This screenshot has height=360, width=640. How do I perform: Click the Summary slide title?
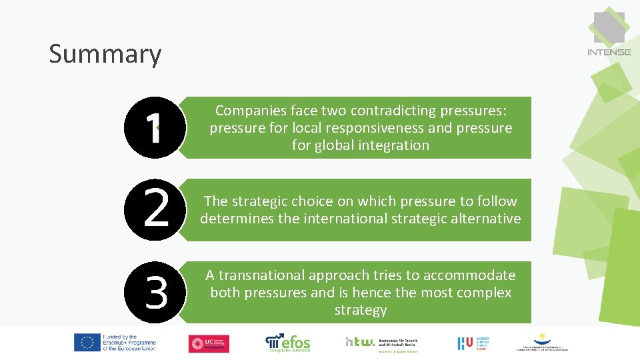[x=105, y=55]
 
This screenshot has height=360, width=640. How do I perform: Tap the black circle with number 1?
[x=155, y=127]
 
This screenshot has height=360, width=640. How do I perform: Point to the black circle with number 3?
[x=155, y=292]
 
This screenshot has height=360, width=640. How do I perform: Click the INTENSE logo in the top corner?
[x=609, y=34]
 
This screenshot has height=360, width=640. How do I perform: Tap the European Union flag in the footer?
[x=87, y=343]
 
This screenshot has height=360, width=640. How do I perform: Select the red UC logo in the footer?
[x=209, y=343]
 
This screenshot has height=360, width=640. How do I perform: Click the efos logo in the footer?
[x=288, y=342]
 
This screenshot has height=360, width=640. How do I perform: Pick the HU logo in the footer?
[x=465, y=343]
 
